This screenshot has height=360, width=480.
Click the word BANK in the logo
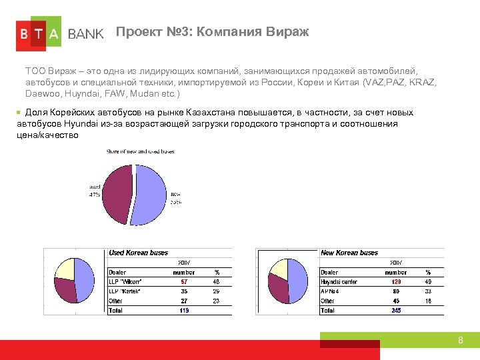tap(86, 34)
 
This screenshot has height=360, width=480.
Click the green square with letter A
tap(54, 33)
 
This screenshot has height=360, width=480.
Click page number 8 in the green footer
tap(460, 341)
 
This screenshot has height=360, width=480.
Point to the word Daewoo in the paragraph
tap(41, 94)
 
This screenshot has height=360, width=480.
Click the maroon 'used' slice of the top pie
tap(116, 190)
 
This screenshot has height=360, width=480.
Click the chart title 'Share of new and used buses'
tap(140, 152)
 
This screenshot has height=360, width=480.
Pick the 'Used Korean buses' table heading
tap(138, 253)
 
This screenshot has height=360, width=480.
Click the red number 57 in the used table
tap(184, 282)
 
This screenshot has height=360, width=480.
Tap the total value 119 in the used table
tap(184, 310)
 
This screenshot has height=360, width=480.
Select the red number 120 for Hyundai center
tap(396, 282)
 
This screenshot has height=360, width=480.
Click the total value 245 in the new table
tap(396, 310)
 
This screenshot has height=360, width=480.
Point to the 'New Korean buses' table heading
tap(349, 253)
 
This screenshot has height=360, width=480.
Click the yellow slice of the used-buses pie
tap(65, 269)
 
